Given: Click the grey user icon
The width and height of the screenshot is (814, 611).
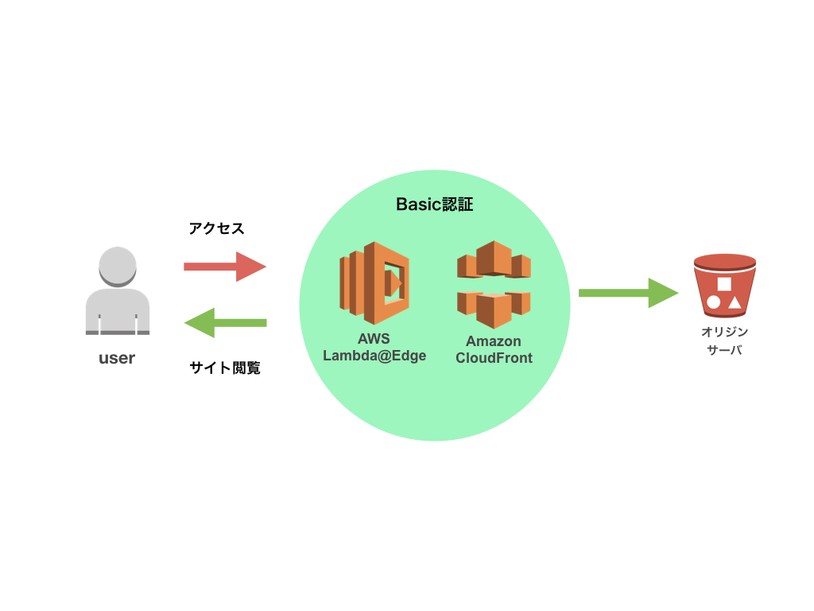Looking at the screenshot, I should pos(117,291).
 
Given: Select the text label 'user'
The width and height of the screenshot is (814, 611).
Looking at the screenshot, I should pos(117,358).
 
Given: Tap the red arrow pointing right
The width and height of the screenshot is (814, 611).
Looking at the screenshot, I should pos(225,267).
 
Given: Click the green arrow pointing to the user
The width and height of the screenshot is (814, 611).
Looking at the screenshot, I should pos(225,322).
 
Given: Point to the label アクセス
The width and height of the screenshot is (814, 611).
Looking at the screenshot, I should pos(216,229).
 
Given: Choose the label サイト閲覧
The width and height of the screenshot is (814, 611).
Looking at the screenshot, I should pos(225,368).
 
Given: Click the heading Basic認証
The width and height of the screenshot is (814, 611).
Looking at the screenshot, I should pos(434,204).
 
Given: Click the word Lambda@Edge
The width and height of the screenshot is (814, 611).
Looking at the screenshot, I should pos(374,356).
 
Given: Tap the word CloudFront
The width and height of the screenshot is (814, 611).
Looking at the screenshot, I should pos(494,358).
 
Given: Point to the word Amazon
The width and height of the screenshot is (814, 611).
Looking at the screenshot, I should pos(494,341).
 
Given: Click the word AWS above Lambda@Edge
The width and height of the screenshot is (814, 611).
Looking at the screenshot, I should pos(374,340).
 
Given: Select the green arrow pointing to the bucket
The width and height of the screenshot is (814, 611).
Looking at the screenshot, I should pos(628,293).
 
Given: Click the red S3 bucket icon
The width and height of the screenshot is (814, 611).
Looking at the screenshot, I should pos(724,286).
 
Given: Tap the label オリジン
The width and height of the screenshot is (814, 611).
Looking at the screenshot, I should pos(724,333).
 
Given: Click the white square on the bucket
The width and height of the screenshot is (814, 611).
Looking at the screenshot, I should pos(724,284).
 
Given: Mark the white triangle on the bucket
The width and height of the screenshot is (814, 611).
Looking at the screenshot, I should pos(735,302).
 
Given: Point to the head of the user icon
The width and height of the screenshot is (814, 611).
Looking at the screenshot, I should pos(117,265).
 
